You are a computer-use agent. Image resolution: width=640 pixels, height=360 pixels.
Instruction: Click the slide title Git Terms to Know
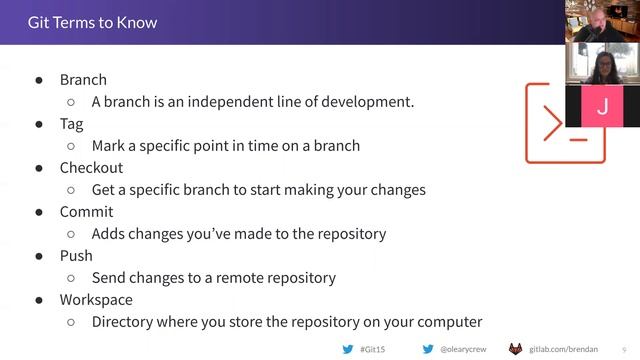point(92,22)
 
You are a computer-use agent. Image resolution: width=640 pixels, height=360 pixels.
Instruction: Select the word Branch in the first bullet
point(83,80)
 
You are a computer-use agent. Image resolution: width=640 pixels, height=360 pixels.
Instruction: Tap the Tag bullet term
point(71,124)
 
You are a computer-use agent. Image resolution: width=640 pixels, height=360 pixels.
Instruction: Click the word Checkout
point(91,168)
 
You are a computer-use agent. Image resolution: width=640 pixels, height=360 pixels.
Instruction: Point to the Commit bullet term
point(86,212)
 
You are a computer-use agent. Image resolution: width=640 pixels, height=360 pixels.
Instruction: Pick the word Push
point(76,256)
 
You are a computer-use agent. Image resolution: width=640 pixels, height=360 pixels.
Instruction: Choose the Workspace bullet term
point(96,300)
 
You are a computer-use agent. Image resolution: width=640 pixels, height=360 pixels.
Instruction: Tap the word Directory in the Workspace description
point(124,322)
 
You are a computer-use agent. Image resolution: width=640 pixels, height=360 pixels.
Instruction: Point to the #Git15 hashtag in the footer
point(372,349)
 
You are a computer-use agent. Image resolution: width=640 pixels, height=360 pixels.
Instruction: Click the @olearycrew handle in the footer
point(463,349)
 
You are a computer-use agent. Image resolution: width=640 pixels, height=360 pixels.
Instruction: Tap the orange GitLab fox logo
point(516,349)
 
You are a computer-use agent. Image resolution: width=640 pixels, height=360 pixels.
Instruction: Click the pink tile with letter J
point(602,106)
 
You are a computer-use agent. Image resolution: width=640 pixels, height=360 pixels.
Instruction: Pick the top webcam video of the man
point(602,21)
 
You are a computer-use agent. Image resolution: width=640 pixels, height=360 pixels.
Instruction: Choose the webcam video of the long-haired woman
point(602,64)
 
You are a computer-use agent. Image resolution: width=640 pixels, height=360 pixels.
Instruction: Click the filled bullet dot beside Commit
point(39,212)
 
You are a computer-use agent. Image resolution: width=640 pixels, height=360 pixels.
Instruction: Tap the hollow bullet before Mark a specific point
point(71,146)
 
